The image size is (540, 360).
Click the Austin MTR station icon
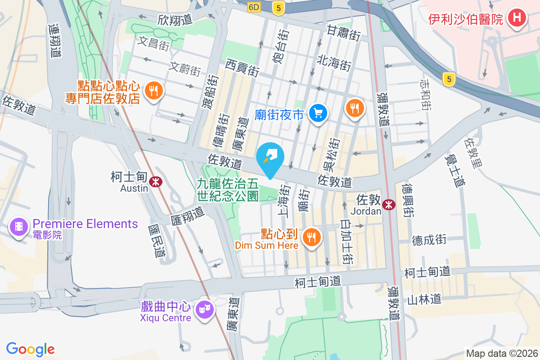pos(156,181)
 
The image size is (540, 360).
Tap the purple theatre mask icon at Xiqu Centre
pos(204,310)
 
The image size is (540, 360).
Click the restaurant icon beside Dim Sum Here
pos(311,237)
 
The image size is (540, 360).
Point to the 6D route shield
pos(254,7)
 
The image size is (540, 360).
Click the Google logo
pos(30,349)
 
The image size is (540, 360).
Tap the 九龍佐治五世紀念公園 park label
pos(228,189)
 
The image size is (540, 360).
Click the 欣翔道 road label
pos(175,19)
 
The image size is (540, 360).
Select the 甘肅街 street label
pos(344,33)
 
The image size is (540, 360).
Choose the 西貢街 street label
pos(243,67)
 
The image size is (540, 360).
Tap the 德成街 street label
pos(429,239)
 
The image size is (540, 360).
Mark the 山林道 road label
pos(425,299)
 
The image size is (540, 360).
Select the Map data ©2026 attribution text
pos(501,353)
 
